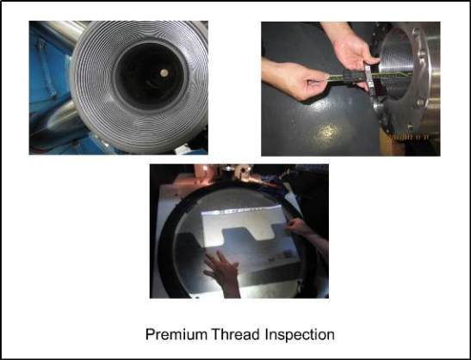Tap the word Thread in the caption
click(235, 334)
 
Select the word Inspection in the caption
click(300, 334)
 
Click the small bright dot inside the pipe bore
click(164, 72)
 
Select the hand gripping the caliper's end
click(296, 78)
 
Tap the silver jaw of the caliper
click(369, 78)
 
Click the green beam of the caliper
click(349, 77)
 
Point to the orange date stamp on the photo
click(408, 137)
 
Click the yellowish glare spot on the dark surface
click(327, 133)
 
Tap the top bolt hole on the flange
click(416, 31)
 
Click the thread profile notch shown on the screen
click(247, 233)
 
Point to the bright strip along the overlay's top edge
click(244, 209)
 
